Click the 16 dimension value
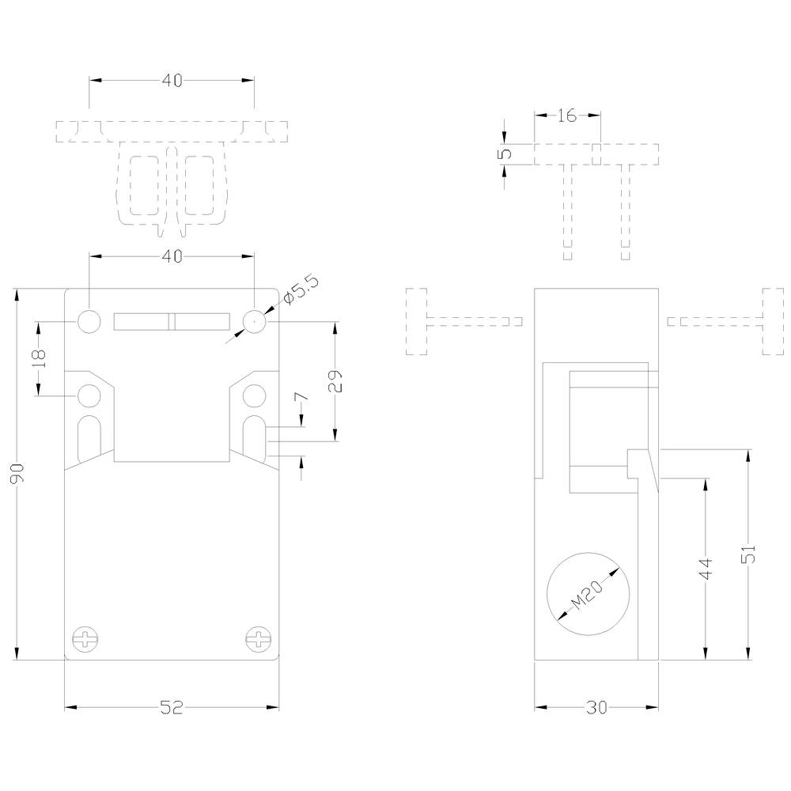click(566, 116)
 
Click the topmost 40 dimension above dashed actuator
click(172, 81)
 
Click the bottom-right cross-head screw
click(257, 638)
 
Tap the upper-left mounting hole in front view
click(89, 321)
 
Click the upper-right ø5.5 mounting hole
click(253, 321)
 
